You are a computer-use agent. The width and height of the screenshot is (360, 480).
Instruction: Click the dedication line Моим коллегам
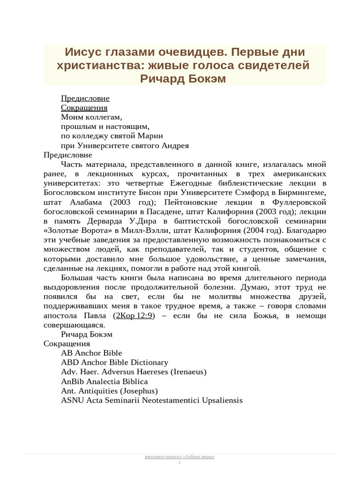pos(91,117)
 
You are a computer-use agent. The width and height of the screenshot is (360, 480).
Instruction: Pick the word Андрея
pos(175,145)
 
